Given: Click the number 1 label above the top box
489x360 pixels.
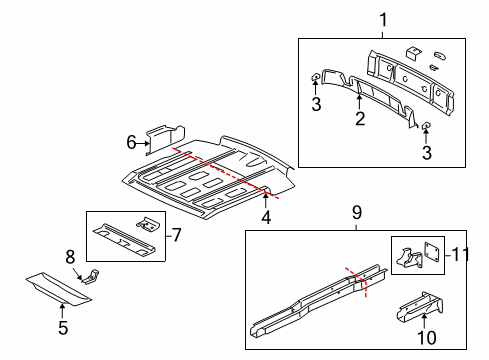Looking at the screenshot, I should [x=382, y=18].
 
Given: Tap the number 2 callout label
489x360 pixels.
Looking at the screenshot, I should [x=359, y=118].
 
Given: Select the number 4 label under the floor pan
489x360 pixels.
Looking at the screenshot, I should [x=266, y=217].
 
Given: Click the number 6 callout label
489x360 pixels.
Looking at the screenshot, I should [x=131, y=144].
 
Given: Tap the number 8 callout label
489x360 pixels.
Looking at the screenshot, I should [x=71, y=256].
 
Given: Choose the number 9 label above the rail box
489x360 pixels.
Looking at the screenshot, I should [x=354, y=212].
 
